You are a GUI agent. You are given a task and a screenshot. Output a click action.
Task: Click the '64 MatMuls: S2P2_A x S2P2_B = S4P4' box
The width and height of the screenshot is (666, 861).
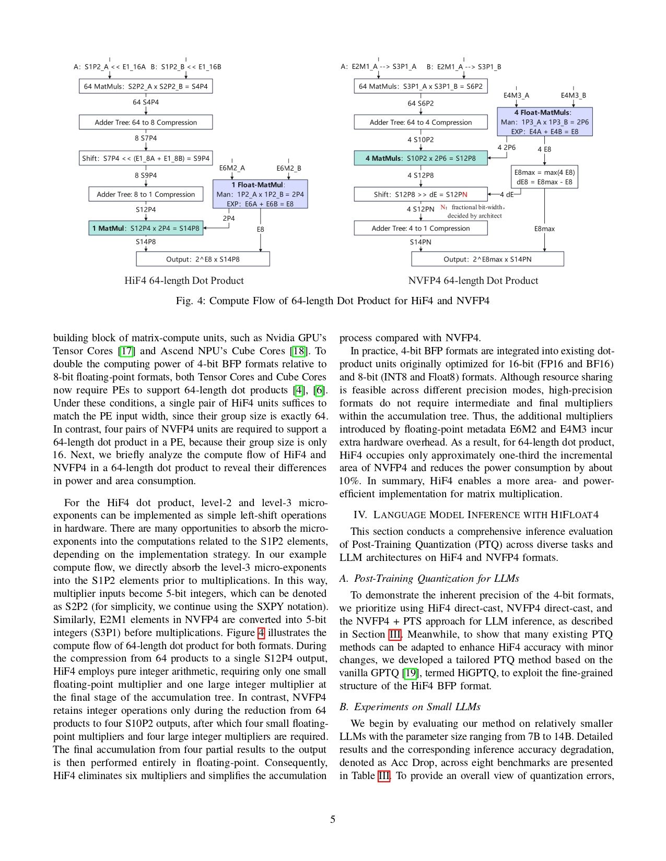pos(146,87)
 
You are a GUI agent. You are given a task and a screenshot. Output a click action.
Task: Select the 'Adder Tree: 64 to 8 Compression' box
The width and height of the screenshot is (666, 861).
pos(146,122)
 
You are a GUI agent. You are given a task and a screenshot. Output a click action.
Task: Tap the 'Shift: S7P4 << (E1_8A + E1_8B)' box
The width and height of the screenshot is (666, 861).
pos(146,158)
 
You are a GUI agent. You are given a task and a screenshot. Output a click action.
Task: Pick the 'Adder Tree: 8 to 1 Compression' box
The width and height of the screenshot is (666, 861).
pos(146,194)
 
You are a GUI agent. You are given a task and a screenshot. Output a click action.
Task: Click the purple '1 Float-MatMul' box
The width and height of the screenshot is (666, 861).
pos(260,194)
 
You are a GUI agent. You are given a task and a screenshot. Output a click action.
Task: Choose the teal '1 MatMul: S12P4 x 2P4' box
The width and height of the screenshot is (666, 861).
pos(146,228)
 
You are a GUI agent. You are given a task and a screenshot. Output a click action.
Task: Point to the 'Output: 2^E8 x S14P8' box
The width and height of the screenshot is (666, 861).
pos(203,259)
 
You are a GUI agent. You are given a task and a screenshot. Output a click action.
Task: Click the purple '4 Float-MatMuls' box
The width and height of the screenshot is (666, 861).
pos(545,122)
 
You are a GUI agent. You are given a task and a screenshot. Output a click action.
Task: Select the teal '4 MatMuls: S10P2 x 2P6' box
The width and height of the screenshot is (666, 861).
pos(420,158)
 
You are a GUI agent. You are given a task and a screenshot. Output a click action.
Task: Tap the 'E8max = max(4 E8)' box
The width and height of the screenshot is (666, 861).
pos(544,177)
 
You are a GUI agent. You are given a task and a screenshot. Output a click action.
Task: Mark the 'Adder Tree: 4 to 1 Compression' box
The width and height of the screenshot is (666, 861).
pos(420,228)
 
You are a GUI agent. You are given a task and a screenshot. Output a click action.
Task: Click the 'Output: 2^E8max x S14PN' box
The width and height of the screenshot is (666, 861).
pos(487,259)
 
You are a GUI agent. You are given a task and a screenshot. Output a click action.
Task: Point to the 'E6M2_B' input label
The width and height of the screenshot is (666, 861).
pos(288,168)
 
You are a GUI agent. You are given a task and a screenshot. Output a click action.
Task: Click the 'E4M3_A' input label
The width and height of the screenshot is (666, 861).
pos(516,95)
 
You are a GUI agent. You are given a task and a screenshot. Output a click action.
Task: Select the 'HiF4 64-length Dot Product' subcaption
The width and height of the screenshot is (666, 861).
pos(184,281)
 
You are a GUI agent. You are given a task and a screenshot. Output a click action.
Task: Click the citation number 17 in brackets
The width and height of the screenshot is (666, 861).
pos(126,351)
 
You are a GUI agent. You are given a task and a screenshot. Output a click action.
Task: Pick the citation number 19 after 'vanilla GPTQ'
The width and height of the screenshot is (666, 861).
pos(411,673)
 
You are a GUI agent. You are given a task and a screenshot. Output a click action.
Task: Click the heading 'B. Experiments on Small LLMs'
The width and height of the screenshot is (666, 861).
pos(410,707)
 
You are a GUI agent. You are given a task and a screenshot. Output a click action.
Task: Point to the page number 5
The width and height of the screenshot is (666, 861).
pos(333,819)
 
